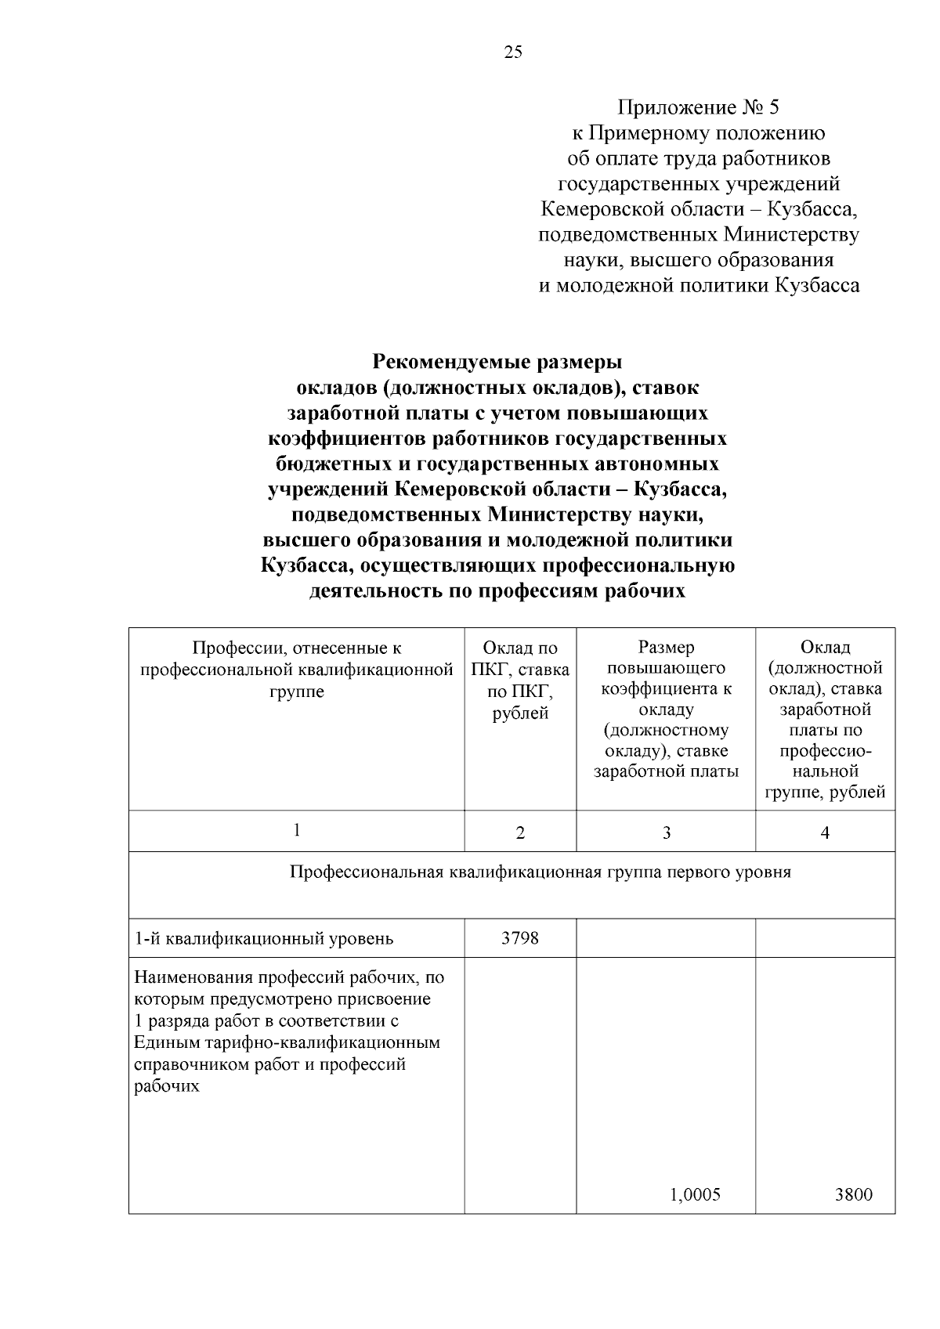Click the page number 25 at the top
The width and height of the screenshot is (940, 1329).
tap(512, 52)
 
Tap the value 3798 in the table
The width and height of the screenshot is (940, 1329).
tap(519, 937)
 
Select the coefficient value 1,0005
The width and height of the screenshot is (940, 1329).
tap(695, 1194)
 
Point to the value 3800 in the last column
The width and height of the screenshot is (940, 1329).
tap(853, 1194)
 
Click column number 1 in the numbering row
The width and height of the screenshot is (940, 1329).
tap(297, 830)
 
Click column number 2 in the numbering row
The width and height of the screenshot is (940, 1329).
tap(520, 832)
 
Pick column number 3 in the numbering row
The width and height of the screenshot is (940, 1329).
tap(666, 832)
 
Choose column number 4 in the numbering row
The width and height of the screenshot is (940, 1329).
tap(825, 832)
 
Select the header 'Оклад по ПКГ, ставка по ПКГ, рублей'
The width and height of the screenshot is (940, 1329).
tap(520, 680)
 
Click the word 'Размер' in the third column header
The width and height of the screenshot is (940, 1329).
tap(666, 648)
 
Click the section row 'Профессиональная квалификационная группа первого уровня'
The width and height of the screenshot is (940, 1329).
tap(540, 872)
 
